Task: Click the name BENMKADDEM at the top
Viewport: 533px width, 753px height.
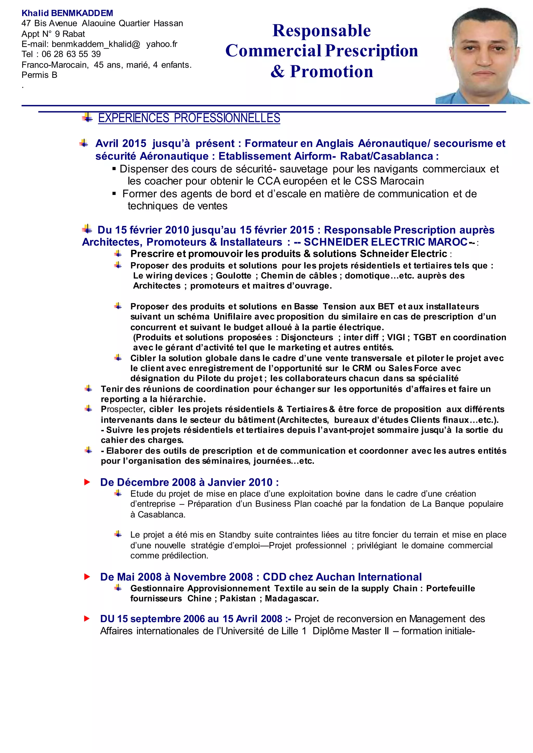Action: pos(82,13)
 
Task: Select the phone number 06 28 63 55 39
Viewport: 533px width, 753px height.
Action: pos(71,54)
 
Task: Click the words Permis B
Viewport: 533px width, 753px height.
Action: pos(39,75)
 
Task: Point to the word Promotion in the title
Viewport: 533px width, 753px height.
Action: pos(332,72)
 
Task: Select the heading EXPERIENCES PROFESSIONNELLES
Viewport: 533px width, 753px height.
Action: pos(189,118)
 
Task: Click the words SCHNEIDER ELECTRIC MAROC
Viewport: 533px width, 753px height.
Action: pos(385,242)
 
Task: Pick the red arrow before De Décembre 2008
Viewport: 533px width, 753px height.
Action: pos(87,482)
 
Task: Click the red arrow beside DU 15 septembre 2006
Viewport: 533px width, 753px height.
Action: pos(87,619)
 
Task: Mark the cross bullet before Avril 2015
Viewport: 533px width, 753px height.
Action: pos(84,143)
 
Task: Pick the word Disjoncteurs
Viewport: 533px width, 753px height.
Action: pos(307,337)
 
